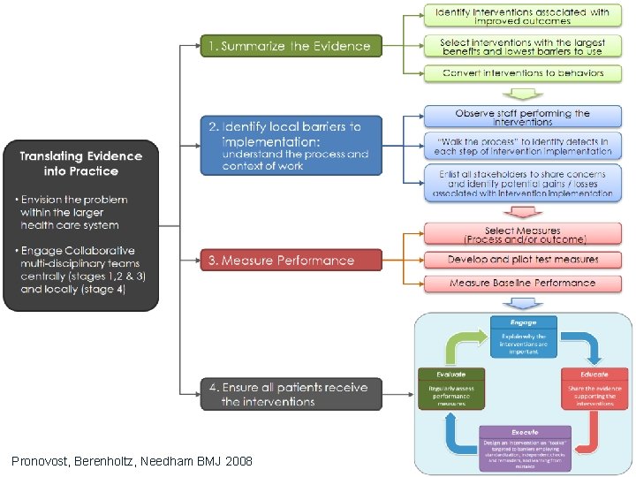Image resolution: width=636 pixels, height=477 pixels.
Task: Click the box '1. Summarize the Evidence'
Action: coord(291,46)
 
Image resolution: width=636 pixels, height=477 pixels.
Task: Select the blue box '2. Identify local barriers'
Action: coord(291,144)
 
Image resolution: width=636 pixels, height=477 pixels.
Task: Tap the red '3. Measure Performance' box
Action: coord(291,260)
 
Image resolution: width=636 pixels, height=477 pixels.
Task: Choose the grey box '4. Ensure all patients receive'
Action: coord(291,394)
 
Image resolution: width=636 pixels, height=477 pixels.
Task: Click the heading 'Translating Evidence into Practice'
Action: coord(80,163)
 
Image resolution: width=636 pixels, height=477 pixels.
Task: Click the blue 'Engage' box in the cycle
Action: coord(523,337)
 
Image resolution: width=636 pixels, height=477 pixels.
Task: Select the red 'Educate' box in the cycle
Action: coord(594,387)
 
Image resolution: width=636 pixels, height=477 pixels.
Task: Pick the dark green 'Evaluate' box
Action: coord(451,387)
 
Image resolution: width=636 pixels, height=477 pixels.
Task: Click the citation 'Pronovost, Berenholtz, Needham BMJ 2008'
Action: coord(132,461)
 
